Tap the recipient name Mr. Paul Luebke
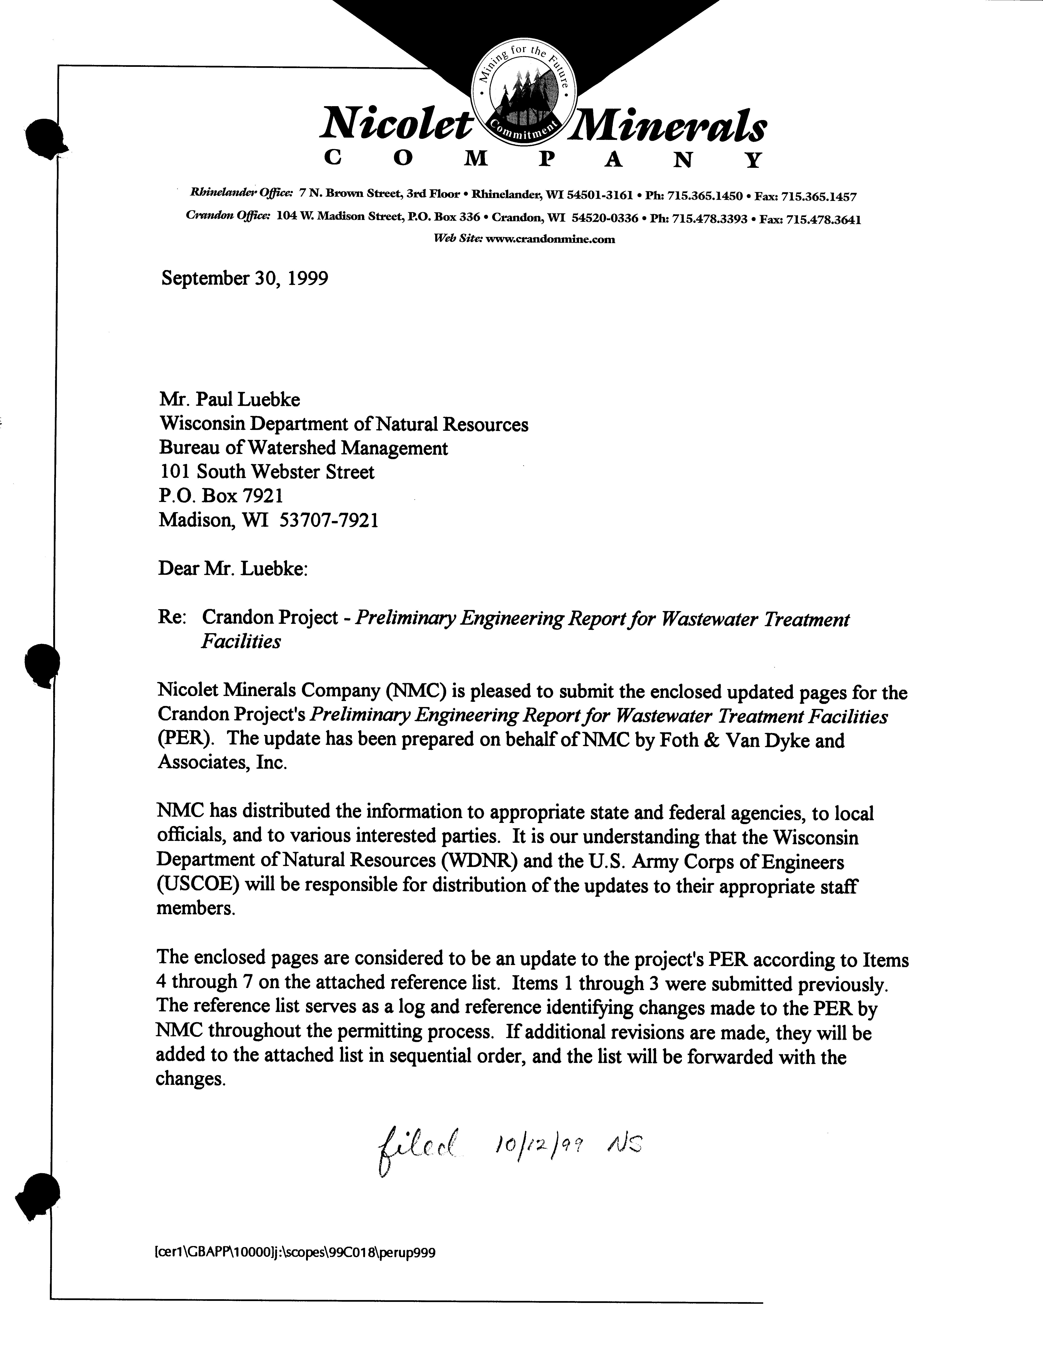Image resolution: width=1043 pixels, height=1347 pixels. [x=230, y=400]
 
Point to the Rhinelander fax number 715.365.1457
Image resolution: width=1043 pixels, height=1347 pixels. [x=818, y=197]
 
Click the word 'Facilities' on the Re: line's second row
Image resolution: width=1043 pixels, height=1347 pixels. [x=240, y=642]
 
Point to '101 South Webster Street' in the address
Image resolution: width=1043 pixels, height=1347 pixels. [x=267, y=472]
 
